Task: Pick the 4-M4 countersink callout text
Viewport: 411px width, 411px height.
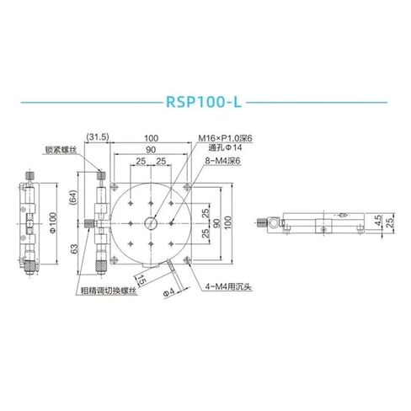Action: coord(224,286)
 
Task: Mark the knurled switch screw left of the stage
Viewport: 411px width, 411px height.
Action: coord(88,223)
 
